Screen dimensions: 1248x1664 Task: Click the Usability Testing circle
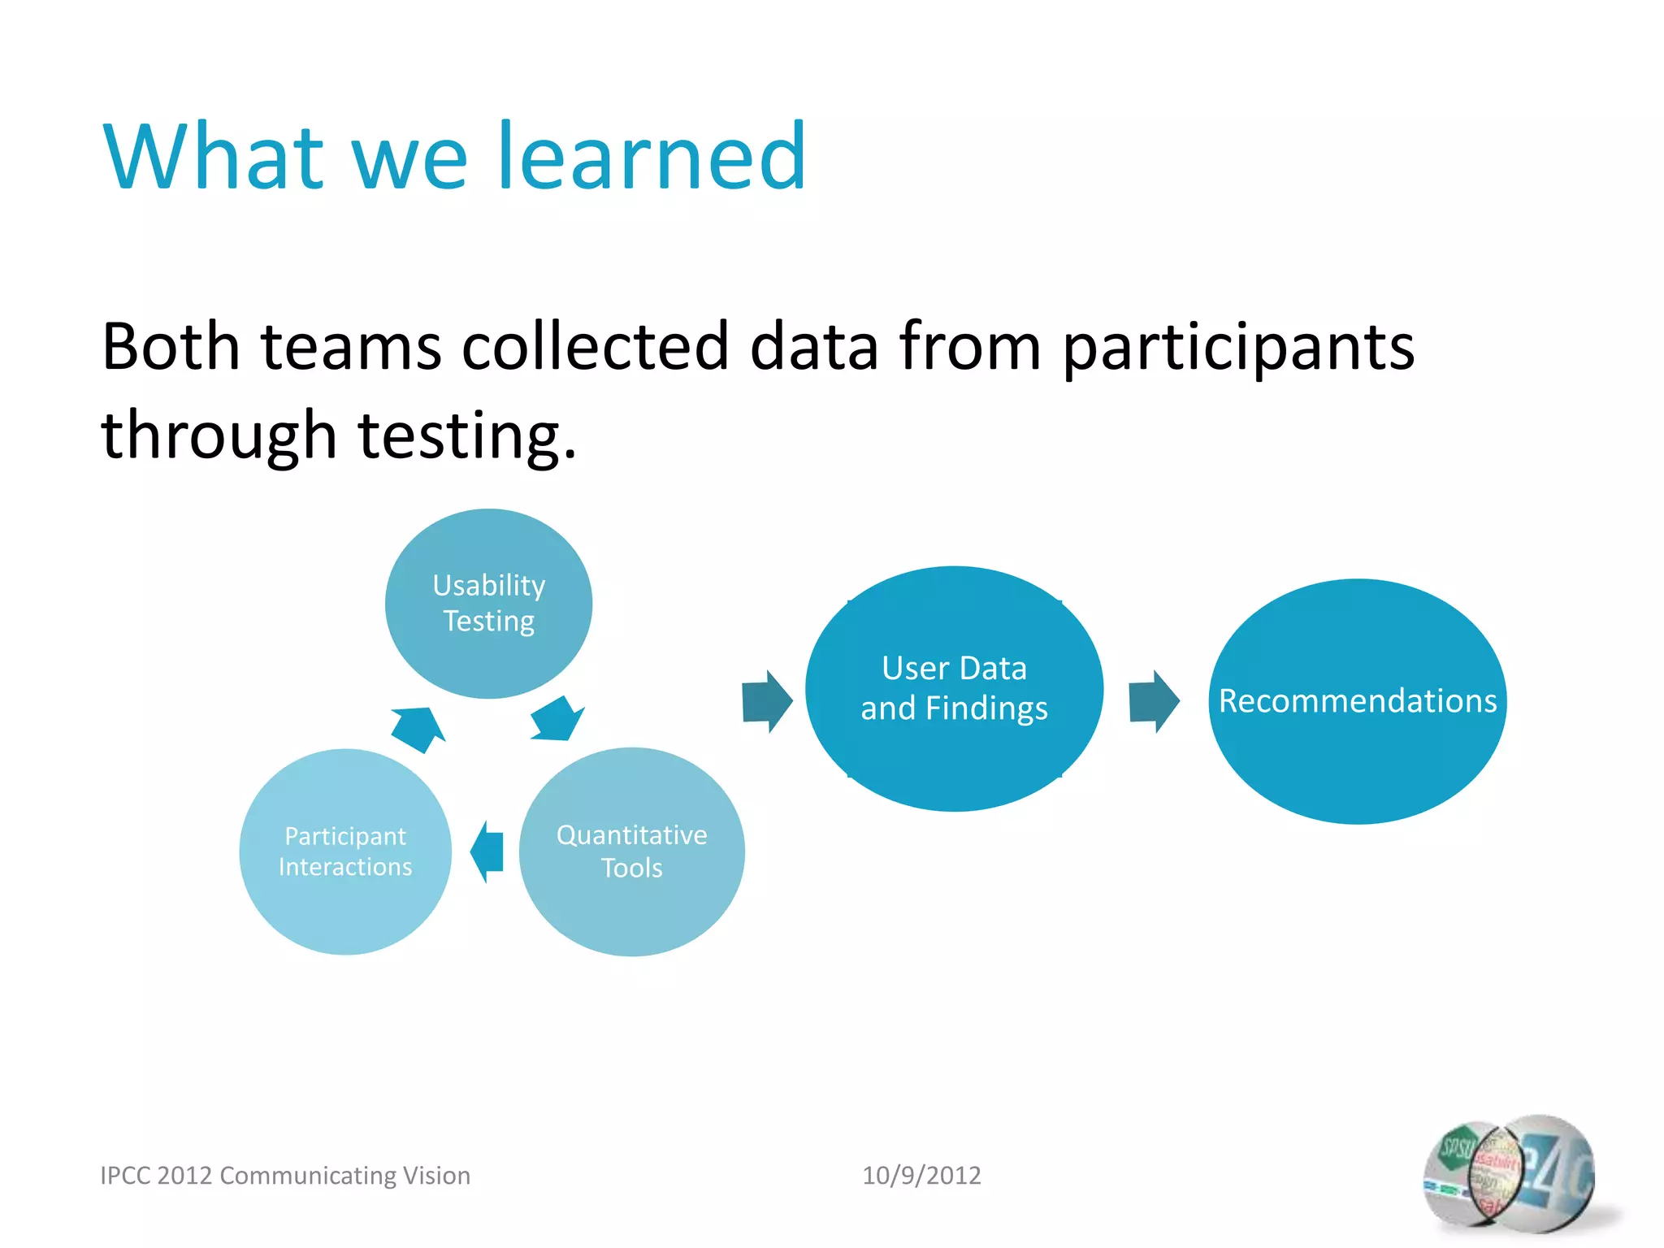click(x=488, y=603)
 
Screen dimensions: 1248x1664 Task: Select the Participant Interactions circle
click(x=345, y=851)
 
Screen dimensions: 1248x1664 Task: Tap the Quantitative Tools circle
click(x=631, y=851)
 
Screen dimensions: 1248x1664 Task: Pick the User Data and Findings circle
click(x=954, y=688)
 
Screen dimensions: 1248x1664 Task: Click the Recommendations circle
click(x=1357, y=700)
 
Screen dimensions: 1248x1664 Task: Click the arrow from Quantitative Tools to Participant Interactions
click(x=487, y=851)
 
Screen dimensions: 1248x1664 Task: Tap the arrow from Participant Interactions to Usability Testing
click(x=418, y=728)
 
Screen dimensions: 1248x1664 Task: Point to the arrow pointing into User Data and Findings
click(x=766, y=701)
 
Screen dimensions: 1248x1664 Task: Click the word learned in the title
click(x=652, y=156)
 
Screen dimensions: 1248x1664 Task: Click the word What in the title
click(x=214, y=156)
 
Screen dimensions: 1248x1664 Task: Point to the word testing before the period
click(x=459, y=436)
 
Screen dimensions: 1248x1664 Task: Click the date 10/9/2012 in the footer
click(x=921, y=1175)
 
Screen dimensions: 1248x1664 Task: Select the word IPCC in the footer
click(x=125, y=1175)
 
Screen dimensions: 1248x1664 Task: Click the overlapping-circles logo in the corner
click(x=1509, y=1175)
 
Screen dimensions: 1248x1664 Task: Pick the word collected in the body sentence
click(x=595, y=347)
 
